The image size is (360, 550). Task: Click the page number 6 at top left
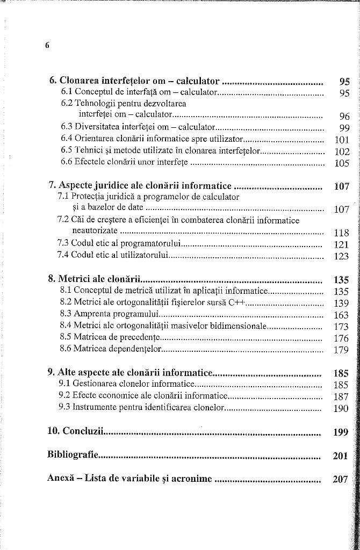click(47, 46)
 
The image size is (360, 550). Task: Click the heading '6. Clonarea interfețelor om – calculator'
click(134, 81)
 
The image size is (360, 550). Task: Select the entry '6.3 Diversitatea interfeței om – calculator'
click(138, 127)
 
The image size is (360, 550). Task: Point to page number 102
click(342, 151)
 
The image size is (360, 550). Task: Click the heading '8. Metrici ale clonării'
click(94, 279)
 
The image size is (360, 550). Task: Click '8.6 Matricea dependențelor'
click(111, 350)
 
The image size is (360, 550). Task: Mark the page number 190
click(341, 408)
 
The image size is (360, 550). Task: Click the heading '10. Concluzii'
click(75, 431)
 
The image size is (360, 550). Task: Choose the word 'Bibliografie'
click(72, 455)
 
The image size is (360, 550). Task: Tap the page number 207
click(341, 479)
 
